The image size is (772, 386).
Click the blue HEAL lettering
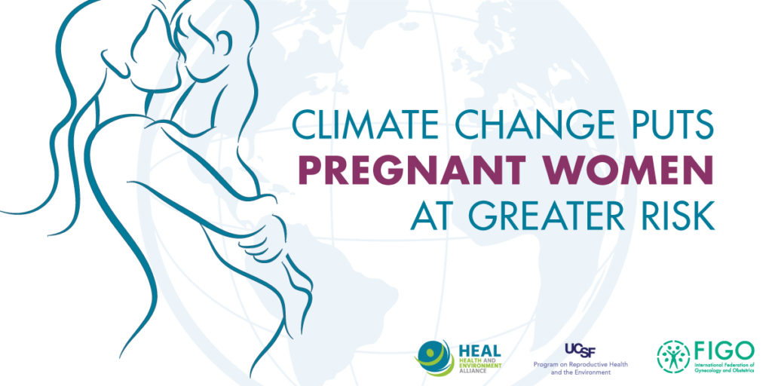pos(479,351)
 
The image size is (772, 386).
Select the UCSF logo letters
pos(581,350)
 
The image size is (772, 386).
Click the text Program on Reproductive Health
pos(581,365)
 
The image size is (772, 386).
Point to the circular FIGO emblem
pos(673,357)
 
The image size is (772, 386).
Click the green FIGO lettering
pos(724,350)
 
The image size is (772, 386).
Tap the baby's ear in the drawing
pos(223,43)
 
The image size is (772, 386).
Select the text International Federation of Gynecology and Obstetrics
pos(724,367)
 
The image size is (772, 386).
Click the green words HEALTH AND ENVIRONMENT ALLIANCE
pos(479,366)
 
